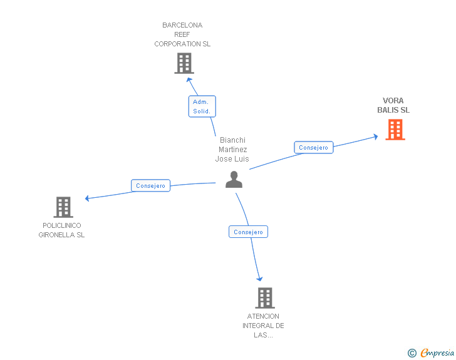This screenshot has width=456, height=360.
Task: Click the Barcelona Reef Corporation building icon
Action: point(184,63)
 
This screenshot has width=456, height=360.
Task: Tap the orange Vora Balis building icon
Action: point(395,129)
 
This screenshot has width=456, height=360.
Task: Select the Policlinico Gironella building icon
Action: point(63,207)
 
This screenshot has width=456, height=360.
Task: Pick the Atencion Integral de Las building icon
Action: point(265,298)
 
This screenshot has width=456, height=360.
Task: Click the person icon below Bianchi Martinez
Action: point(234,180)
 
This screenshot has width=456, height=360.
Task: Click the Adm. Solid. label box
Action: point(202,106)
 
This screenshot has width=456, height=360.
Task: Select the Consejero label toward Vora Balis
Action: point(313,148)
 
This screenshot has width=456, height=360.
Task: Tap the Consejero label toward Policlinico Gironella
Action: point(150,186)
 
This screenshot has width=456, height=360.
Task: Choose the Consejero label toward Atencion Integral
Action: point(248,232)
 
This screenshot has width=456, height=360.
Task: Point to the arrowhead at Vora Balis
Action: point(375,136)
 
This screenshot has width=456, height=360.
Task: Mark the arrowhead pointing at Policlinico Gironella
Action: point(88,198)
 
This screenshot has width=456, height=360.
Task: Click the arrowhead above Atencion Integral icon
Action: point(259,279)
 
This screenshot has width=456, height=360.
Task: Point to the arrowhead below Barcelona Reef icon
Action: point(189,80)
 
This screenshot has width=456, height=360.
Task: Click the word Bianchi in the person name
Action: point(232,140)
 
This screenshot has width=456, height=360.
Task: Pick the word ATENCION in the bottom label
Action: point(263,316)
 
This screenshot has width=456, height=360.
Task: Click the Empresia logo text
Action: point(437,352)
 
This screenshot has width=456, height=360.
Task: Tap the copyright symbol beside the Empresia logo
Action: point(412,353)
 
